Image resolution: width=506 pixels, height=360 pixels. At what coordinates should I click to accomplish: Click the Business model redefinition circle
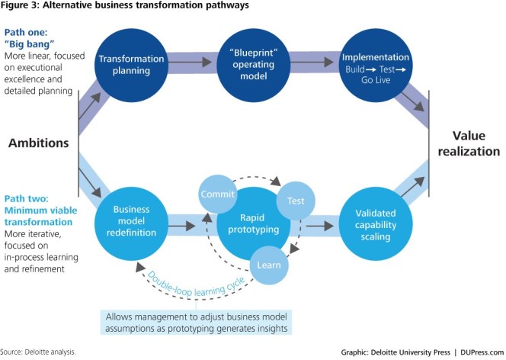click(x=130, y=222)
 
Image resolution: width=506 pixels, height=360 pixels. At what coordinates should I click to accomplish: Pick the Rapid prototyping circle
click(x=246, y=222)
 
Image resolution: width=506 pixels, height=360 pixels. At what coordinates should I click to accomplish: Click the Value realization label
click(x=468, y=143)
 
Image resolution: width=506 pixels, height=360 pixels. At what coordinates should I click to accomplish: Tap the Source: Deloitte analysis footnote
click(x=38, y=352)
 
